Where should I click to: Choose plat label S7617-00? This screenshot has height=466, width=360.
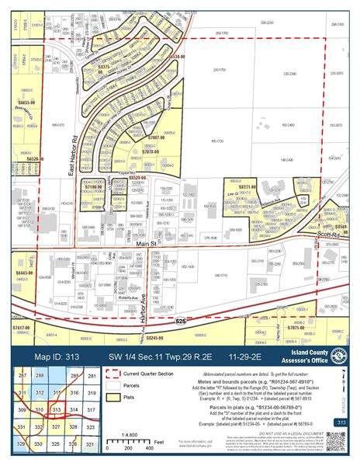pyautogui.click(x=21, y=329)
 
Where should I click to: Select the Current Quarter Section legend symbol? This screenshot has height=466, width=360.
pyautogui.click(x=105, y=374)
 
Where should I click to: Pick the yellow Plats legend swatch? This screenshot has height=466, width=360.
pyautogui.click(x=105, y=396)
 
